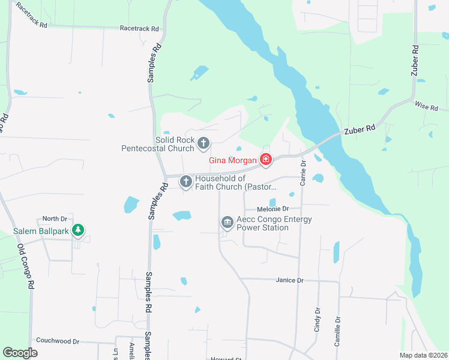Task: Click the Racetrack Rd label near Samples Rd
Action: pos(139,28)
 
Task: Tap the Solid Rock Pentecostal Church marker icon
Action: pos(203,143)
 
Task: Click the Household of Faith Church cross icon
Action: pos(186,181)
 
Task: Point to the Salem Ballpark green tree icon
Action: pos(77,230)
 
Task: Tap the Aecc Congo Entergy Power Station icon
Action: pos(228,223)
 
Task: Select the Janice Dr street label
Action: pos(290,280)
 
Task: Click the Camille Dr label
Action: pos(337,332)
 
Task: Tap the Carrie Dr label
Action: pos(303,173)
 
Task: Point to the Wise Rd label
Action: pos(427,106)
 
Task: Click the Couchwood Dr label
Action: pos(58,341)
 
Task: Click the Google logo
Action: pos(20,353)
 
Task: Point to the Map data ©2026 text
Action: pos(423,355)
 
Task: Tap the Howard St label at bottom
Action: pos(225,358)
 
